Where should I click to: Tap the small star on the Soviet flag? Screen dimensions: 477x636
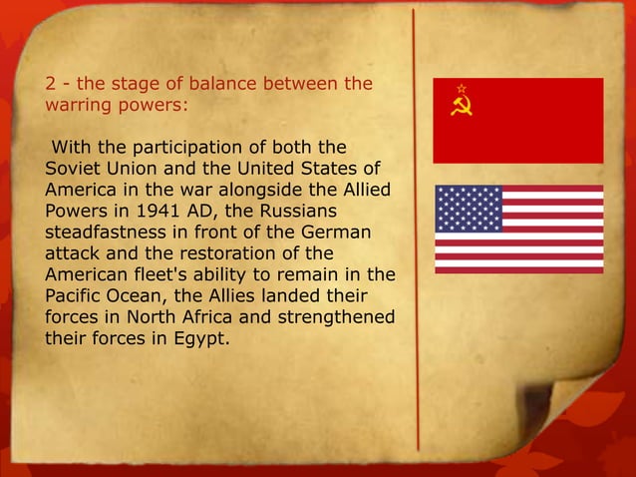pyautogui.click(x=461, y=89)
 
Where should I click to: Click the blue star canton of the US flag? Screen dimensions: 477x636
pyautogui.click(x=469, y=209)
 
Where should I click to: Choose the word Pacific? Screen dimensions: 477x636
pyautogui.click(x=76, y=297)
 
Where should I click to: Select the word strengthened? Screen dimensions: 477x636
pyautogui.click(x=333, y=318)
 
